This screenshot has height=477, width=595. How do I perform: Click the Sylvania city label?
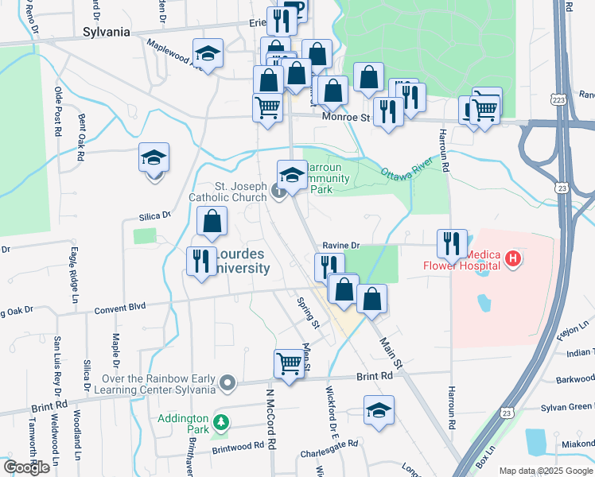coord(107,33)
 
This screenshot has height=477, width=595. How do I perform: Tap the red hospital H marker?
coord(514,258)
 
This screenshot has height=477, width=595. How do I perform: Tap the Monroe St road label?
coord(346,118)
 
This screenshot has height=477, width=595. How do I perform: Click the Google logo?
coord(26,467)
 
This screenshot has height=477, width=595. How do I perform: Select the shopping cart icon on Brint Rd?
coord(290,365)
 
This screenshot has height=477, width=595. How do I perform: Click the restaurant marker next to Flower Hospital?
coord(452,244)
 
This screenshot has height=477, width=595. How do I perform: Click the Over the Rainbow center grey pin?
coord(228,384)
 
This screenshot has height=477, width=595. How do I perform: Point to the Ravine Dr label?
coord(341,246)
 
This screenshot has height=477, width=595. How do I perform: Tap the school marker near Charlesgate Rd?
coord(379,411)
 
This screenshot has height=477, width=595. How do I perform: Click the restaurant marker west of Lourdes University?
coord(201,262)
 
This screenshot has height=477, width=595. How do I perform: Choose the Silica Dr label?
coord(155,215)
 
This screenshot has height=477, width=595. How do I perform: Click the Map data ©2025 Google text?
coord(545,471)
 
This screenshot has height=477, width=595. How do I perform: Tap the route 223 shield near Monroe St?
coord(562,99)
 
